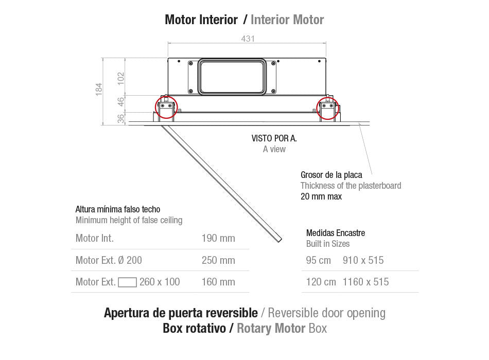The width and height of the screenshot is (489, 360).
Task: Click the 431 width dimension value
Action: [x=247, y=39]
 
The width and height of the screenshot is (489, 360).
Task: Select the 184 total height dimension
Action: [x=99, y=89]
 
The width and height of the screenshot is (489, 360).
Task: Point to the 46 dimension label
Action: [x=120, y=102]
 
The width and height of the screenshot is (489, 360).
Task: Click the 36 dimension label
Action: [x=120, y=118]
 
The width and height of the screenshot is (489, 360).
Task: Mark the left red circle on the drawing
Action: [x=166, y=107]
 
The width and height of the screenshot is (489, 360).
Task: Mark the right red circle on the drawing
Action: [x=327, y=107]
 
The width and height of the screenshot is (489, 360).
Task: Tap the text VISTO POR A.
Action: [x=274, y=138]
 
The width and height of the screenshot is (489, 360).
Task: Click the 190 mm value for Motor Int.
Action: [x=218, y=238]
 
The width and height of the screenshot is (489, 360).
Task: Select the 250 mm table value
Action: [x=218, y=260]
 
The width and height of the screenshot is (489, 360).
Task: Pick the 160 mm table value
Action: [x=218, y=282]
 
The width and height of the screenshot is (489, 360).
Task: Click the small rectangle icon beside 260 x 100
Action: [x=127, y=282]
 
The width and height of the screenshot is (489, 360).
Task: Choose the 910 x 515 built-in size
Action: [x=363, y=260]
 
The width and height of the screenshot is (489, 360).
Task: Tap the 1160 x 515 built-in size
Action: [x=365, y=282]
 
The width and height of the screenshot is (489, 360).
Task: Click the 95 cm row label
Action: [x=318, y=260]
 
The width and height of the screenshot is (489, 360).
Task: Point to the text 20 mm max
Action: [x=321, y=196]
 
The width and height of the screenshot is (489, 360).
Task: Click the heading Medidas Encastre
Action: [x=335, y=233]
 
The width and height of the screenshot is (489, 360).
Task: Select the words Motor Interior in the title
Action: [x=201, y=20]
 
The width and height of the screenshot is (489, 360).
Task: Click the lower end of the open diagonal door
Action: [x=278, y=239]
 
